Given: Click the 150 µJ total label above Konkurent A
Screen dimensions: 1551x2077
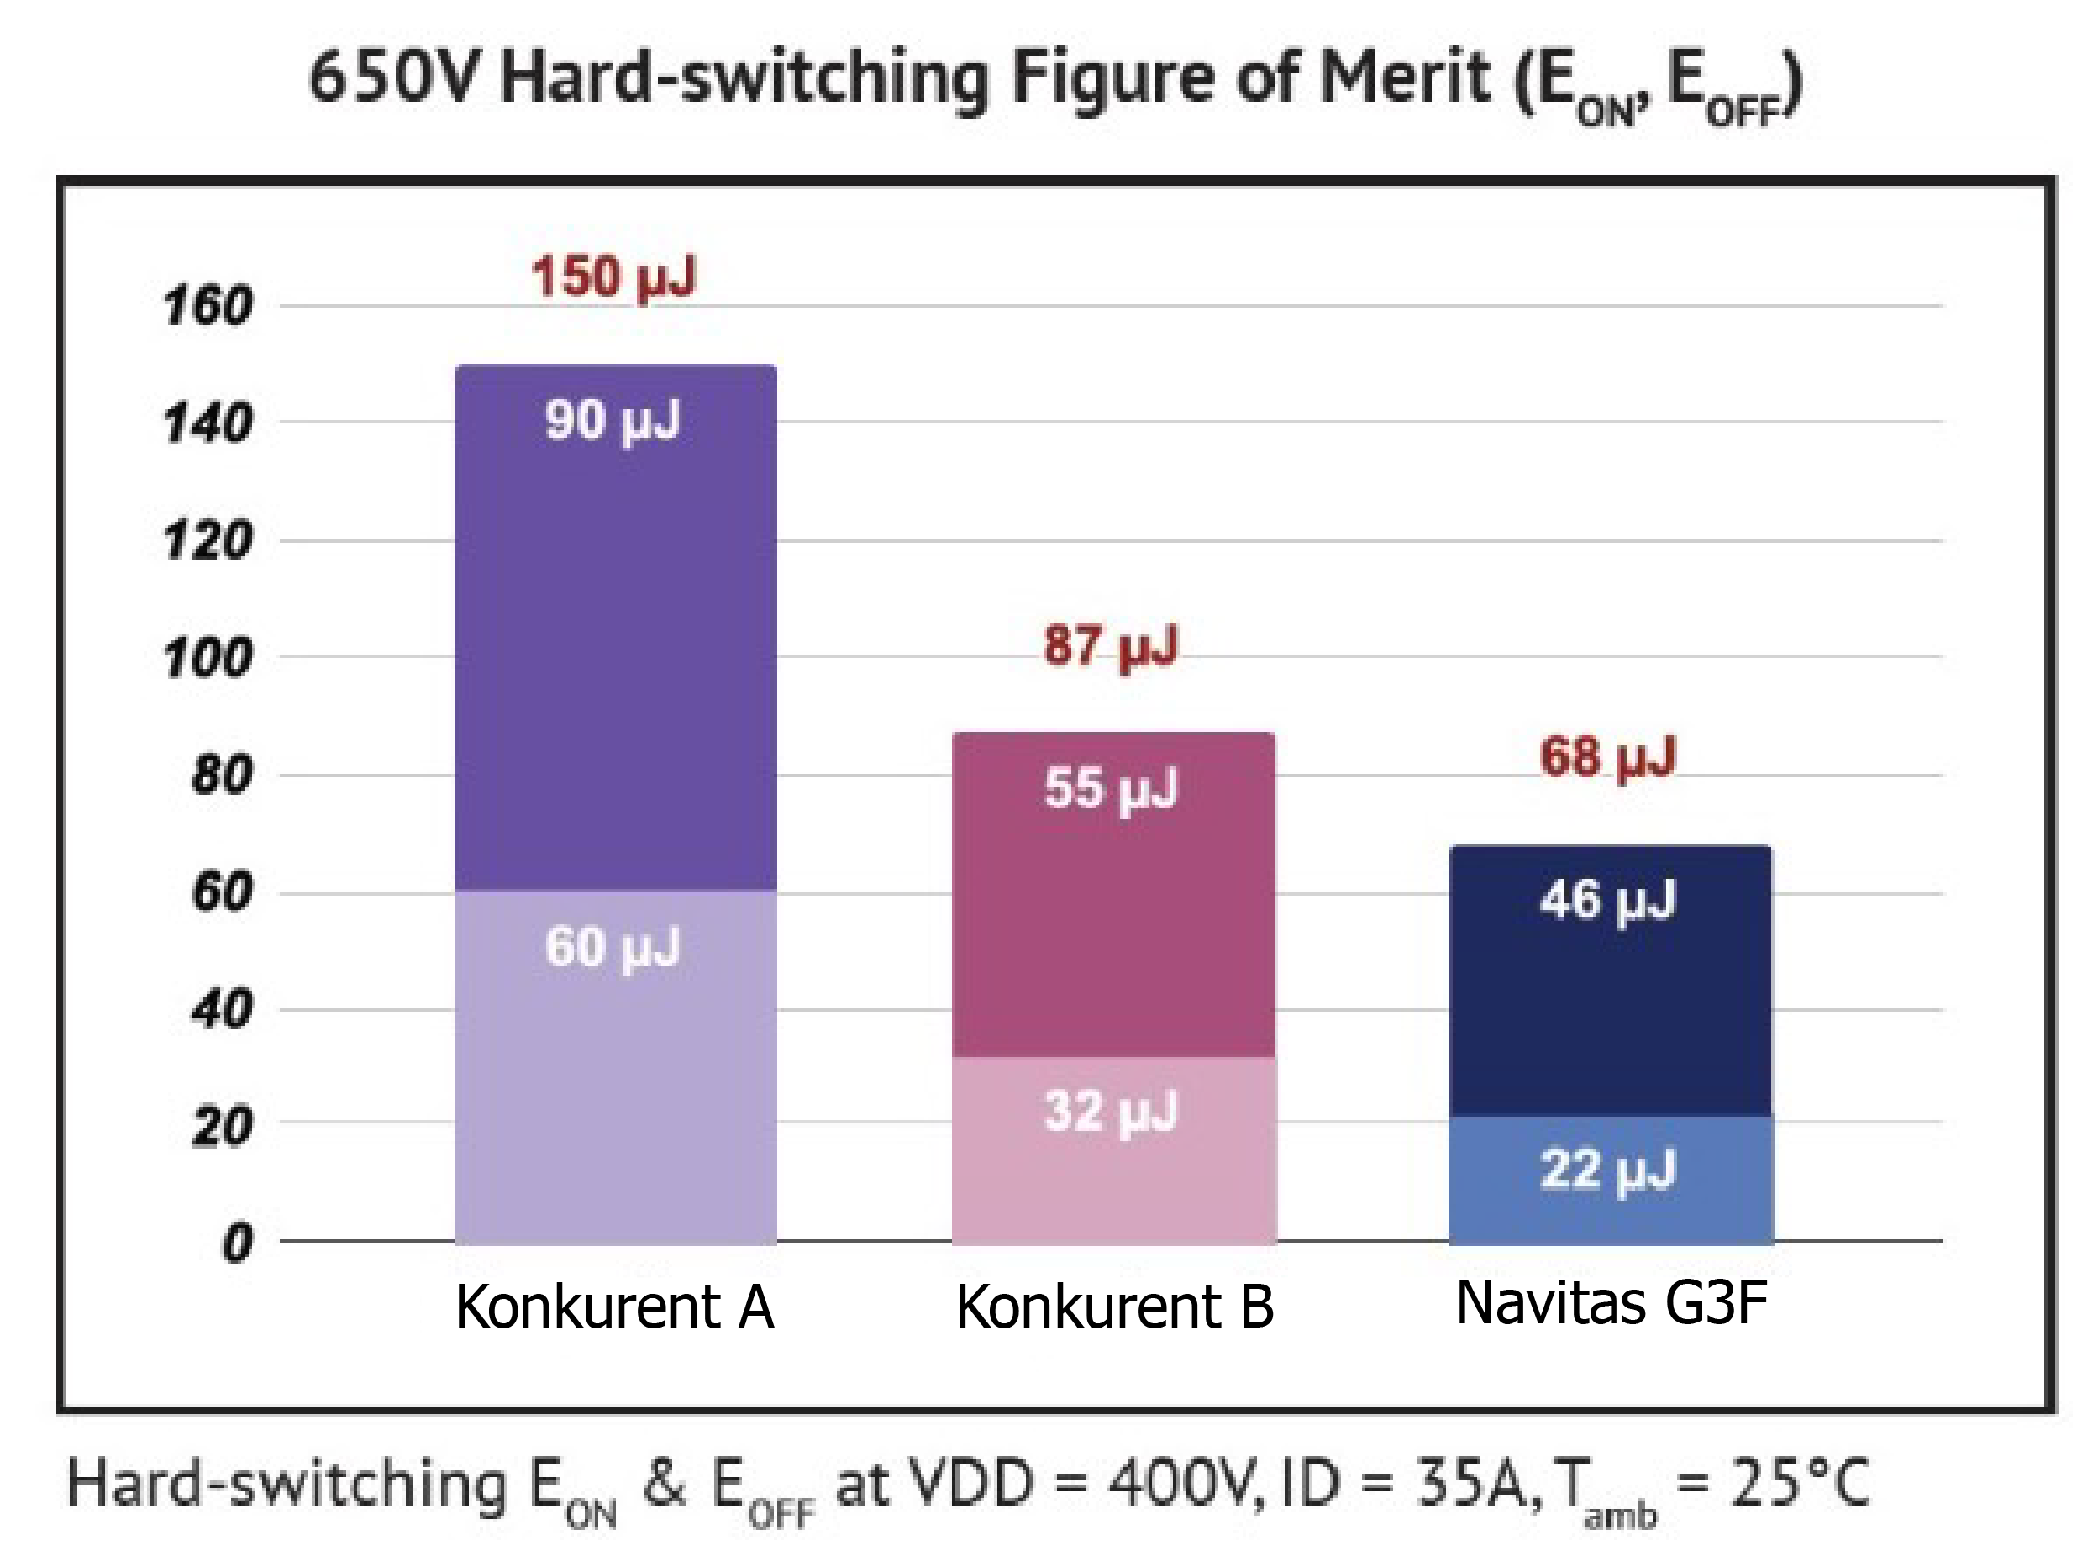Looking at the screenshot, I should [x=613, y=277].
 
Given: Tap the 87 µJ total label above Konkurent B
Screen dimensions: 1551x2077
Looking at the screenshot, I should [x=1110, y=646].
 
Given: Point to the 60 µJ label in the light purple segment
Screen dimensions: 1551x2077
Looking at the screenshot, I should [x=613, y=946].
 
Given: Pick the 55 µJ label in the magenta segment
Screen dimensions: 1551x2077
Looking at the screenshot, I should [x=1110, y=788].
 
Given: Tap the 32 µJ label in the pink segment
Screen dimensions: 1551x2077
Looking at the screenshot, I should [x=1110, y=1111].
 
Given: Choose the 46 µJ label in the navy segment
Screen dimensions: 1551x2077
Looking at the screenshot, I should [x=1607, y=901].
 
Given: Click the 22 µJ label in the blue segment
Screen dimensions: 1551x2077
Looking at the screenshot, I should [x=1607, y=1170].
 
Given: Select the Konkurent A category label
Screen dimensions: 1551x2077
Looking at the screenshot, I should [x=614, y=1306].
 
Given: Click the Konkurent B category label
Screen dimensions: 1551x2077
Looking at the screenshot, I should [x=1115, y=1306].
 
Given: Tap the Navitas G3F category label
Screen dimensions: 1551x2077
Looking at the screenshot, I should [x=1612, y=1302].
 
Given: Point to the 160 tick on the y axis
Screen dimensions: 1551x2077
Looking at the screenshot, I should [x=208, y=306].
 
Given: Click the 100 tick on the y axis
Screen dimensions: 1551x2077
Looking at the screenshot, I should [x=208, y=657].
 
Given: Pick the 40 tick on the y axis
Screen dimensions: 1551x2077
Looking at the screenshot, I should [x=222, y=1010].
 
